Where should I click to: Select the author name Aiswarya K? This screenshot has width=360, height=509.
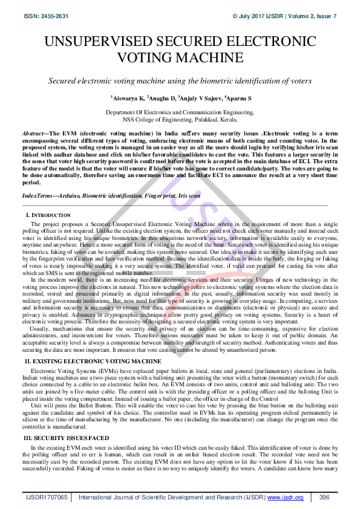pyautogui.click(x=127, y=97)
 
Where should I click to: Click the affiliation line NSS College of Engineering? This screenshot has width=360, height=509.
pyautogui.click(x=180, y=120)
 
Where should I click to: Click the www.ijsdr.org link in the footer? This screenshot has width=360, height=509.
pyautogui.click(x=286, y=498)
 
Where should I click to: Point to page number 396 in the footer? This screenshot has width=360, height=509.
pyautogui.click(x=324, y=498)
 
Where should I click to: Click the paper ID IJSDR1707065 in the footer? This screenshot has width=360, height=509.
pyautogui.click(x=47, y=498)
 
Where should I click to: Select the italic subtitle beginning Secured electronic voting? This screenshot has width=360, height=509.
pyautogui.click(x=180, y=81)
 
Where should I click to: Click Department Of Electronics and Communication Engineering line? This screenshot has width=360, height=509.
pyautogui.click(x=180, y=113)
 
